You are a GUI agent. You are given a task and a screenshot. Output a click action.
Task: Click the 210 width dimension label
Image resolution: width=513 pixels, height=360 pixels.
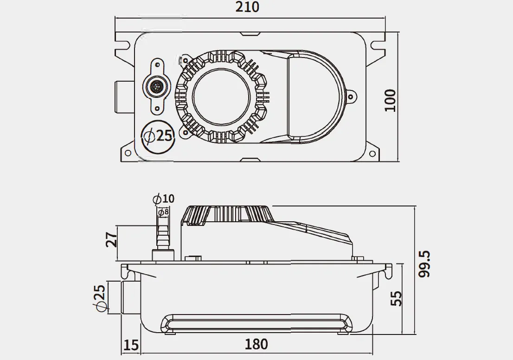[247, 7]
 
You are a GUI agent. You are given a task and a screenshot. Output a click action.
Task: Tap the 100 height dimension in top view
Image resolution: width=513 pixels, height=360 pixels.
[390, 100]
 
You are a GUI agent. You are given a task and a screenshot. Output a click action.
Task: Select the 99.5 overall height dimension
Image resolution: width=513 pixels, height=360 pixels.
[424, 264]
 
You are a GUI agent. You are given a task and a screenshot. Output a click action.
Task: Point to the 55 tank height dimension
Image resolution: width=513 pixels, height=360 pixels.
[396, 298]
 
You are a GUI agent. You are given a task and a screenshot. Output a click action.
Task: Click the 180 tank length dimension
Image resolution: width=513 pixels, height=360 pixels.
[256, 344]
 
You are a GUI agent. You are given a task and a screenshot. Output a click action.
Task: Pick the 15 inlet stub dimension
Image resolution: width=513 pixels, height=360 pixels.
[131, 345]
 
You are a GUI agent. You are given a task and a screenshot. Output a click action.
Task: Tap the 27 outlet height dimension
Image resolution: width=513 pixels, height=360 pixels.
[112, 239]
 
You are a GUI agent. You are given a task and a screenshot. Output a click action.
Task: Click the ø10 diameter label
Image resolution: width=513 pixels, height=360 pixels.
[164, 199]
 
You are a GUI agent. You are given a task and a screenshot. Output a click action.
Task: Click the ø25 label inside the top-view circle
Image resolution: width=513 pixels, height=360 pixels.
[158, 135]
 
